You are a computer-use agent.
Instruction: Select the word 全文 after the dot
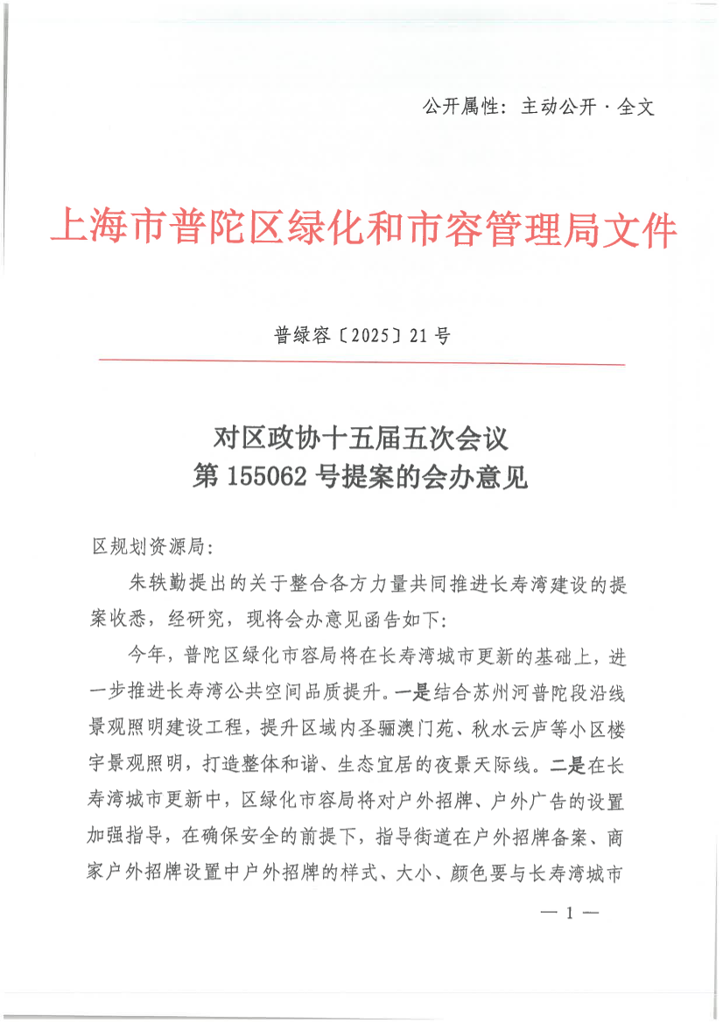[636, 108]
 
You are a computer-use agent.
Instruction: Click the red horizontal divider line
[361, 361]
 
